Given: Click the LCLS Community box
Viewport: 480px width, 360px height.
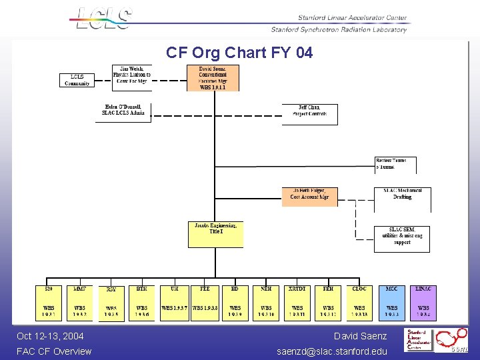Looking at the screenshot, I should pos(77,80).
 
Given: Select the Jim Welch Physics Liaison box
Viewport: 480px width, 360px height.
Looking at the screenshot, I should pos(132,77).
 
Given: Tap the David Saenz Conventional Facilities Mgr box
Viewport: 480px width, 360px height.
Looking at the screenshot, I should pos(213,77).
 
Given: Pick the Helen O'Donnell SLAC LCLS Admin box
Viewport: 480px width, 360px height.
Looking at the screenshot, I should pos(123,112).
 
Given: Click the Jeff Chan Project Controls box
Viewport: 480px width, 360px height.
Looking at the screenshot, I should pos(309,113).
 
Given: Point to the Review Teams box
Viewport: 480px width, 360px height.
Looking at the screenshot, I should pos(395,165).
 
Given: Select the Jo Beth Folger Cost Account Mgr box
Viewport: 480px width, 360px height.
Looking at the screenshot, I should pos(309,196).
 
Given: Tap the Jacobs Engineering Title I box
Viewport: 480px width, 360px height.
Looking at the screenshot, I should pos(215,234).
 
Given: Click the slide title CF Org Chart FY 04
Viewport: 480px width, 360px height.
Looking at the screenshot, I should pos(239,52).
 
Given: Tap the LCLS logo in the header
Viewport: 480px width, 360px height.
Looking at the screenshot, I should pos(103,18).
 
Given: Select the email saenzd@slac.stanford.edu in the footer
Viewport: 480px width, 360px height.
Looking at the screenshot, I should pos(332,351).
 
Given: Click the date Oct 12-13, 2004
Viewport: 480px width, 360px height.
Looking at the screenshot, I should pos(50,336).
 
